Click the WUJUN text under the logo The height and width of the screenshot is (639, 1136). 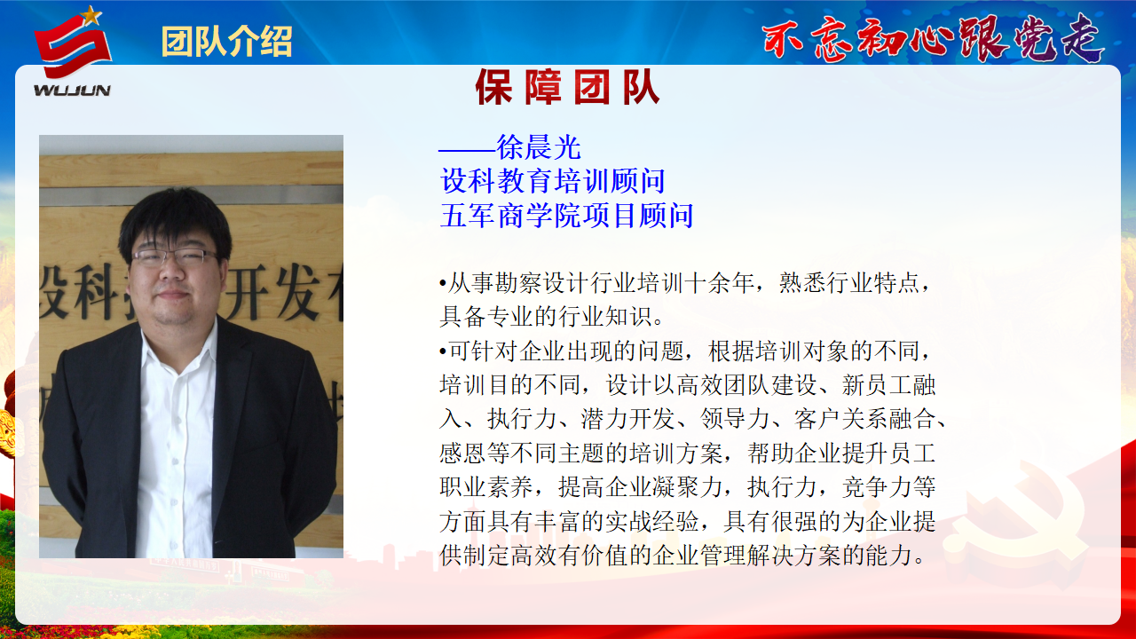(x=72, y=91)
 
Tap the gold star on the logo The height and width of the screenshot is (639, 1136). (x=91, y=15)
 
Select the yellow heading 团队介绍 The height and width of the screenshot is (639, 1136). (x=226, y=42)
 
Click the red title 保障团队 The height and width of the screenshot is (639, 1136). (x=567, y=87)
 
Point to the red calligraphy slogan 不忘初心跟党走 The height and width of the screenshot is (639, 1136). (x=932, y=38)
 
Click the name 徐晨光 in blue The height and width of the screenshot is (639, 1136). (x=539, y=147)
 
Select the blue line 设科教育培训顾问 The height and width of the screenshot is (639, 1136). (x=552, y=182)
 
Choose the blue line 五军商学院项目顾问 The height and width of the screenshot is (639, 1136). (x=566, y=216)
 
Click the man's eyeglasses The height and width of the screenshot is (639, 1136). (x=175, y=257)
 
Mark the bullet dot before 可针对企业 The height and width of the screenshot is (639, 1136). (x=443, y=351)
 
